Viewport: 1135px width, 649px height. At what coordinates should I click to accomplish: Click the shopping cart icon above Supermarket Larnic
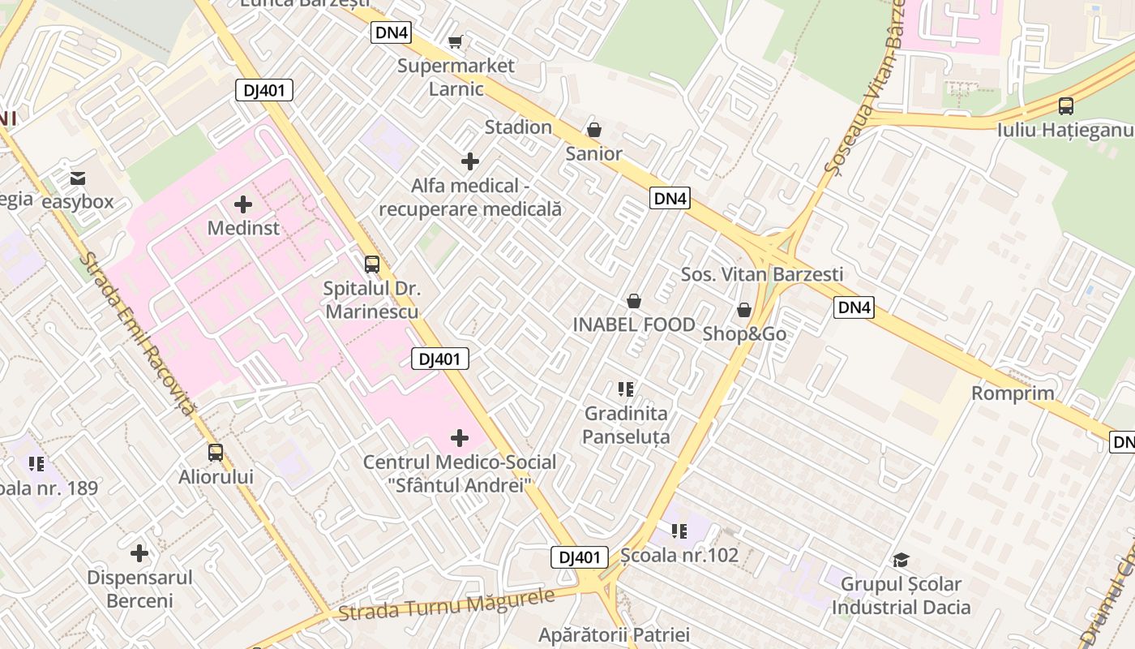tap(455, 41)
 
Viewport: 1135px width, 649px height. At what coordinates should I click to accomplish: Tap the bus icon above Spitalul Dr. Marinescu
tap(371, 264)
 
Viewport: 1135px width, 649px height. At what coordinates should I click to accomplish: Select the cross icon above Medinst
tap(242, 204)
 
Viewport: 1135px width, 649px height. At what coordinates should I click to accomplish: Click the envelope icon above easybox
tap(78, 178)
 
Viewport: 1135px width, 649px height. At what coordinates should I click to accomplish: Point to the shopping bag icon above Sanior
tap(594, 130)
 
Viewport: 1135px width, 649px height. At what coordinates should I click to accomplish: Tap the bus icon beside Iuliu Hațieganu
tap(1066, 105)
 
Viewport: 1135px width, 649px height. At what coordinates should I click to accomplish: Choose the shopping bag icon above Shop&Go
tap(743, 310)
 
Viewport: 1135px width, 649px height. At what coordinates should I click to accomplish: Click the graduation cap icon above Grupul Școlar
tap(901, 560)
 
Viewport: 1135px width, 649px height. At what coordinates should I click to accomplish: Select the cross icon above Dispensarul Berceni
tap(139, 553)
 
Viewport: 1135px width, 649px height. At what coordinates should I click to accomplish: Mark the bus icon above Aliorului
tap(216, 453)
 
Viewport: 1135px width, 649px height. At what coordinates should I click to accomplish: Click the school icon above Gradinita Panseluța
tap(625, 389)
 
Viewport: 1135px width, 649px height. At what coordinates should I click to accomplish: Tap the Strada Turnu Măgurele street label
tap(447, 605)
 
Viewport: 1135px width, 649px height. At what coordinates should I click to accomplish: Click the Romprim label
tap(1013, 393)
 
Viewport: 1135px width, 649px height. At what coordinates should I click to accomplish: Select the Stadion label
tap(518, 127)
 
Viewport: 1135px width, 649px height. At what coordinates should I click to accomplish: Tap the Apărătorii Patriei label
tap(614, 634)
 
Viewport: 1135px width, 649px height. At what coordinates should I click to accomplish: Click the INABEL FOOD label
tap(634, 324)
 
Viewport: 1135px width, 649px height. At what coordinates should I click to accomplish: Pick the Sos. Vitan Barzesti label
tap(762, 274)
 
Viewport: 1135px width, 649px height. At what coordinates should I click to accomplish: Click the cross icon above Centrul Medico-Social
tap(460, 438)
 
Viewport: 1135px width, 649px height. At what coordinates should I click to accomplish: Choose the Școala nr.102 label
tap(679, 555)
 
